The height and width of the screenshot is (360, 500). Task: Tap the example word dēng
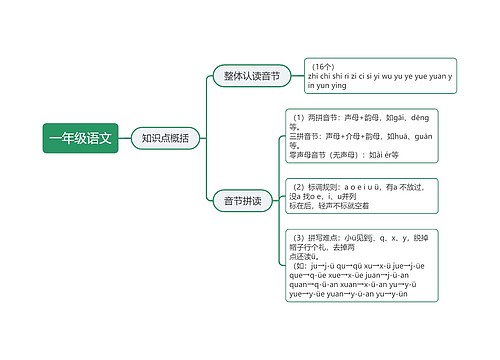(423, 117)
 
